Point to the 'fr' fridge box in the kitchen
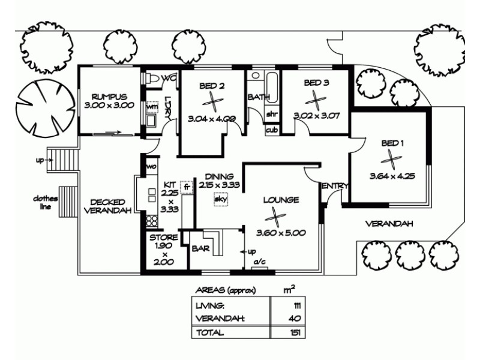187,187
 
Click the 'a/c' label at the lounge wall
259,263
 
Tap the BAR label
199,247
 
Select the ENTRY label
334,187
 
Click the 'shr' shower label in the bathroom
271,114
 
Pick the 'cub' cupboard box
271,129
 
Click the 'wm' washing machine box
152,107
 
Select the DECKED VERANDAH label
107,206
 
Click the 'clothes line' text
44,203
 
